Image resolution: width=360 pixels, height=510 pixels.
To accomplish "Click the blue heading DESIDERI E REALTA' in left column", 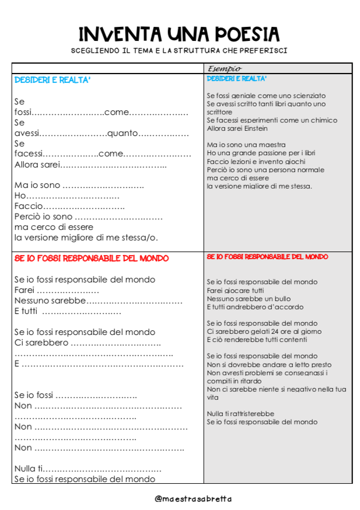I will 53,80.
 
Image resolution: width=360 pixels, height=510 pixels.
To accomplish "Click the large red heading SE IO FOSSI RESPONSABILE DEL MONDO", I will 92,258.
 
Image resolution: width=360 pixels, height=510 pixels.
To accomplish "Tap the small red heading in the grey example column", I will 267,257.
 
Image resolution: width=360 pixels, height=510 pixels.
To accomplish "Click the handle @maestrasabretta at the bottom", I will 193,498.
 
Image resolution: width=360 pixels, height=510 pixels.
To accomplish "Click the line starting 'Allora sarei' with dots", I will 90,165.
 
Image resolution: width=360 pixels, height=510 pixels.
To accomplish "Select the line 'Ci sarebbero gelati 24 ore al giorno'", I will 264,331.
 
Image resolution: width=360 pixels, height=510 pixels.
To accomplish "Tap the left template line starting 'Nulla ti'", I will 88,469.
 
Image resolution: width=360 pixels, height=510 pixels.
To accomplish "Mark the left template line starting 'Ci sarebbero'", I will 85,343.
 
